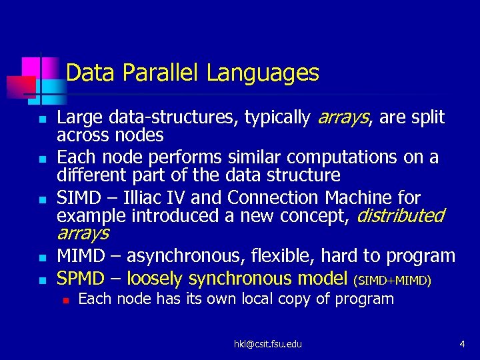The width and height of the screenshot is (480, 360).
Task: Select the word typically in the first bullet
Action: [277, 118]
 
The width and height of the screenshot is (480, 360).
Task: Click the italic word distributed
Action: [401, 216]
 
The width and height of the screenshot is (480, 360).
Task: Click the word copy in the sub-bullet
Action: [297, 299]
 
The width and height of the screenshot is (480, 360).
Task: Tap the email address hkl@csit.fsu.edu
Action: [267, 344]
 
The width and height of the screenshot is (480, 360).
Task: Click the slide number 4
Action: [461, 344]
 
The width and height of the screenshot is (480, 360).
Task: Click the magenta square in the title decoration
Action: [31, 67]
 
